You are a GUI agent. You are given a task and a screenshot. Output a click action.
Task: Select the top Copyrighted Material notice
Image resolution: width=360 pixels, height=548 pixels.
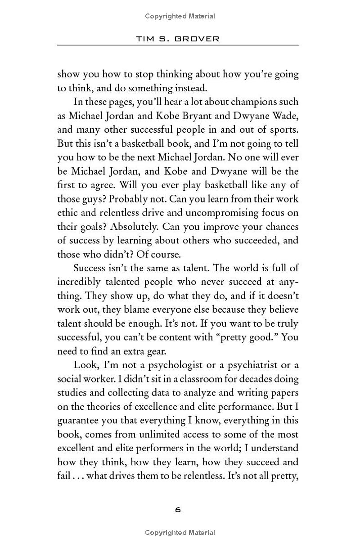coord(180,16)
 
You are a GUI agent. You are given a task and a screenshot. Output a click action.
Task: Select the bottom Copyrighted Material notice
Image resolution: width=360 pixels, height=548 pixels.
coord(180,533)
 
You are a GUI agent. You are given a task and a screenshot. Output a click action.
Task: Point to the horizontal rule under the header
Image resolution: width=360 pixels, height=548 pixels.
coord(178,45)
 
